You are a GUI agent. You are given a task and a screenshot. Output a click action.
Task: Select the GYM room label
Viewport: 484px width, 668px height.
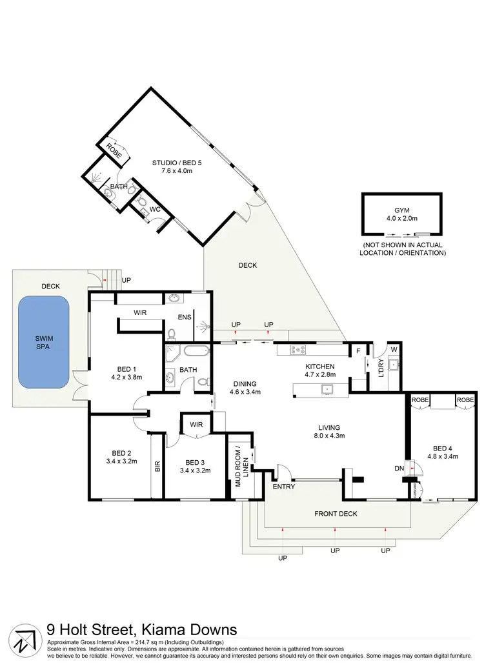tap(402, 210)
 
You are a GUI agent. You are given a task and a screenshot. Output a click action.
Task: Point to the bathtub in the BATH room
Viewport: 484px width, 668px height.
tap(196, 352)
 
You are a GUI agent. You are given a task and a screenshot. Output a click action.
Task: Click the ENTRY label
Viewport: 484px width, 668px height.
tap(284, 487)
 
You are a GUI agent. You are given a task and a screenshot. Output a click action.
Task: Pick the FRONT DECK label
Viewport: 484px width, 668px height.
tap(336, 514)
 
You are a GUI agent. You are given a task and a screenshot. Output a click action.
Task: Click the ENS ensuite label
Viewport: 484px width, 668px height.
tap(184, 318)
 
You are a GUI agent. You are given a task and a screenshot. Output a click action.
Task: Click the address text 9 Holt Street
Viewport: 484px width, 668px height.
tap(142, 629)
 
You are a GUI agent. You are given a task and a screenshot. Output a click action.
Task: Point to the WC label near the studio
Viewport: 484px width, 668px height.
tap(155, 210)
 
